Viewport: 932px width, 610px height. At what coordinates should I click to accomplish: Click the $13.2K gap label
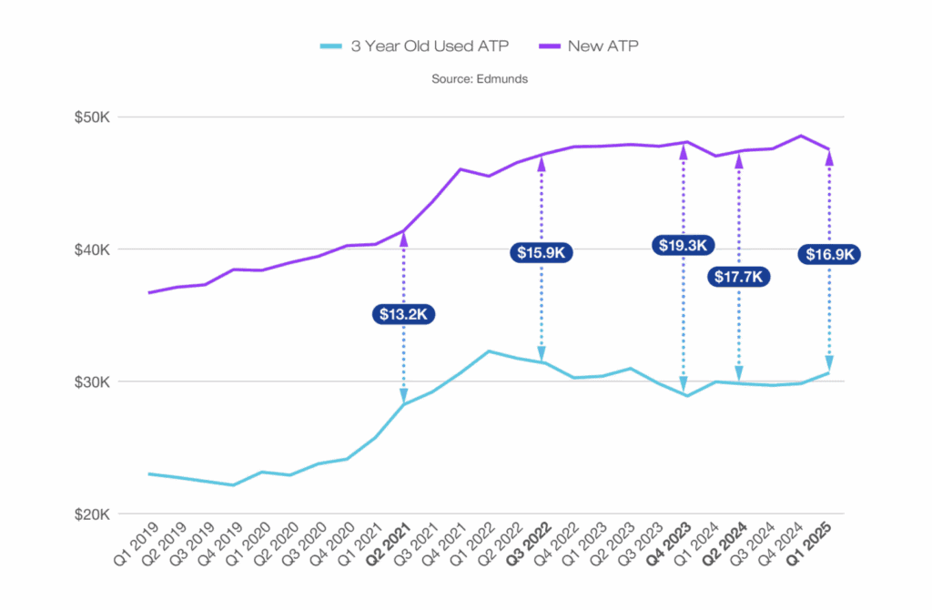403,314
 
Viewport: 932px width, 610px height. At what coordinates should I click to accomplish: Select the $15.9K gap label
542,252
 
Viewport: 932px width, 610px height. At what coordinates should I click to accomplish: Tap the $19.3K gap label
684,245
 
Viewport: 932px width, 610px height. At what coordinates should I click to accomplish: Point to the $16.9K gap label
829,255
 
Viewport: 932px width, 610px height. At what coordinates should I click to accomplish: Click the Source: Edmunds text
479,79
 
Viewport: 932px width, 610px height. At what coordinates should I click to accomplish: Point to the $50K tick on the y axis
95,117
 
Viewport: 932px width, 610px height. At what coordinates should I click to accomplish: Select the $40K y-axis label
95,249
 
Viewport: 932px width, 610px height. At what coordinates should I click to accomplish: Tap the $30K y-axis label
95,381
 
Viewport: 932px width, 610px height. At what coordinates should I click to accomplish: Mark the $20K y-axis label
95,514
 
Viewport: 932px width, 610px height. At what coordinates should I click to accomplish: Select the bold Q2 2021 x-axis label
389,545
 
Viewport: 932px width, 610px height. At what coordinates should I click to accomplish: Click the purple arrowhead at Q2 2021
403,239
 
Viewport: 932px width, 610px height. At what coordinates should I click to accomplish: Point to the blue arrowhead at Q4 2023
684,384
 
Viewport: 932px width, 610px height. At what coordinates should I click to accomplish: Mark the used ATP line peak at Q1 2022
489,351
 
